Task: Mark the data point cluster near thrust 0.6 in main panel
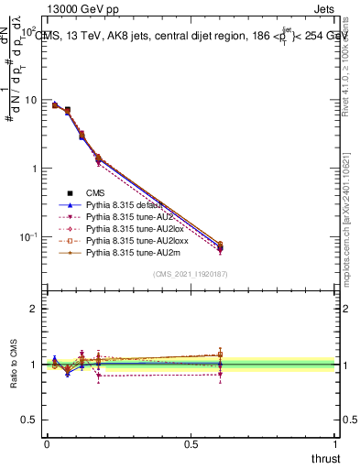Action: [220, 246]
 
